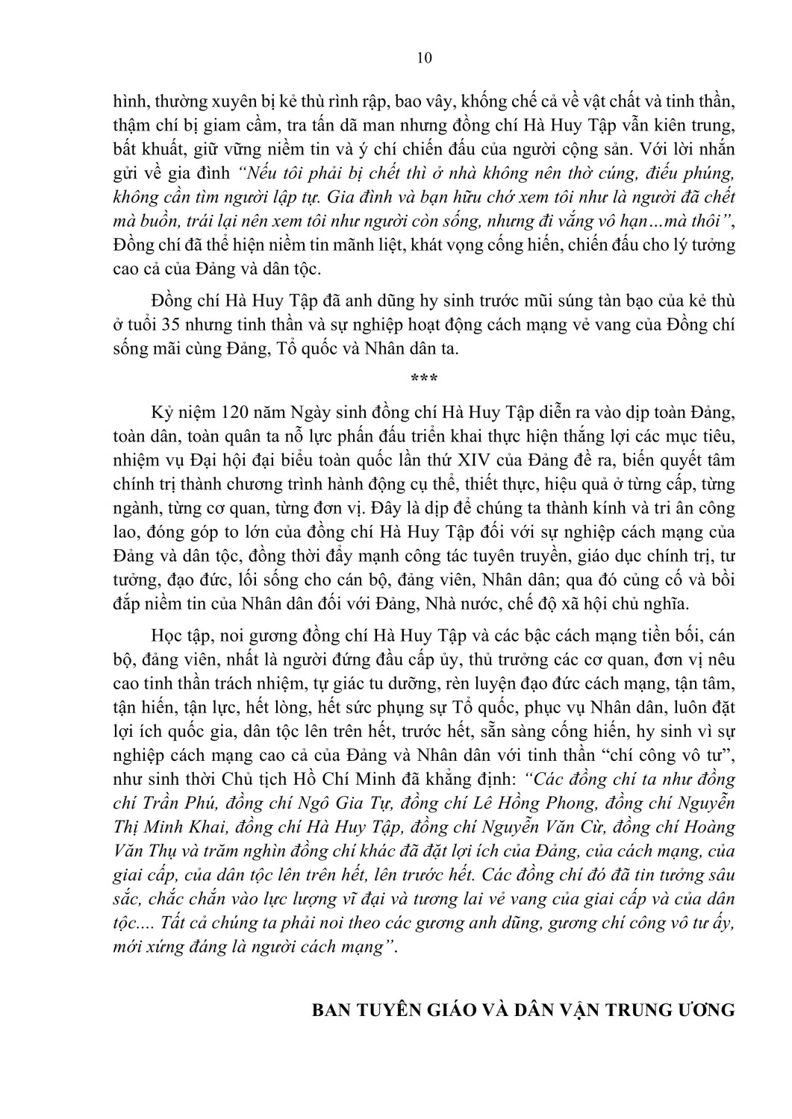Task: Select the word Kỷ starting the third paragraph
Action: pos(161,413)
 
